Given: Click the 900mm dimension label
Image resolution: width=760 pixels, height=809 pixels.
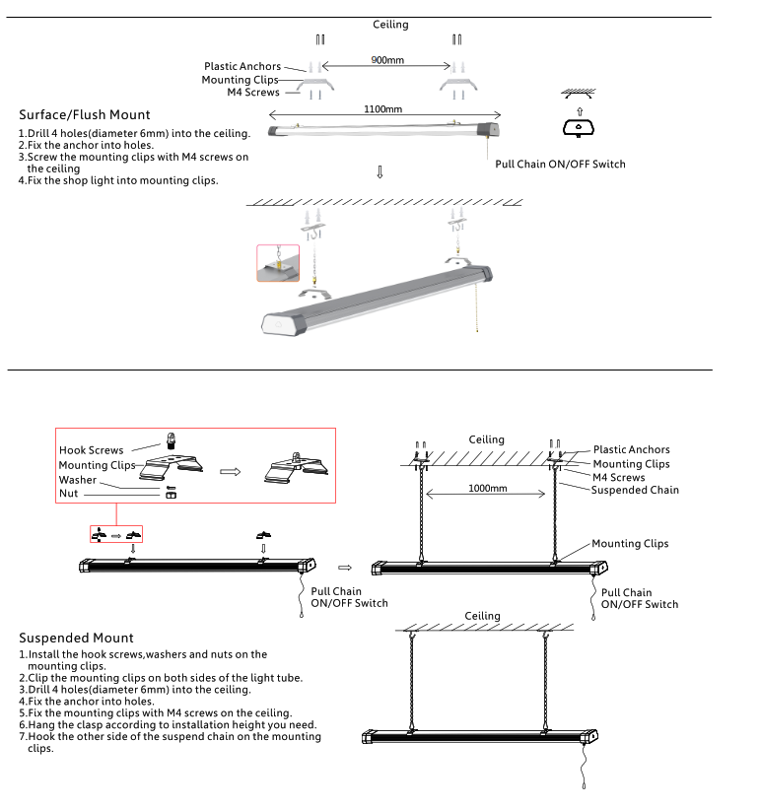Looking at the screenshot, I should coord(387,60).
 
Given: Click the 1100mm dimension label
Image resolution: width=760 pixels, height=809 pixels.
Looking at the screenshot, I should coord(382,109).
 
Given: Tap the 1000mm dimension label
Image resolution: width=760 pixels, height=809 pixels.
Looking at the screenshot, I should coord(487,489).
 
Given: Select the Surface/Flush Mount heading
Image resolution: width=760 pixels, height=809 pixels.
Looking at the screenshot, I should coord(85,115).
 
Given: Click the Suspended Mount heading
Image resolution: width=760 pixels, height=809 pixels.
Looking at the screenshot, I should coord(76,639).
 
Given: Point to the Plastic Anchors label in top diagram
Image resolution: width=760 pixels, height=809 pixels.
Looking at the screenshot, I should coord(242,67).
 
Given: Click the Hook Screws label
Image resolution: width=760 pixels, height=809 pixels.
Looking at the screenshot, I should coord(92,450).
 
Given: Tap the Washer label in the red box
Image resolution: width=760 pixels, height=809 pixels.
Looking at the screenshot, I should coord(78,480).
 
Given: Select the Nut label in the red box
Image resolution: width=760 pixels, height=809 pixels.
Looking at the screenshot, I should coord(68,493).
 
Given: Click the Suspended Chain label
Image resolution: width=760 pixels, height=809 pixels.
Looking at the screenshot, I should coord(635,490).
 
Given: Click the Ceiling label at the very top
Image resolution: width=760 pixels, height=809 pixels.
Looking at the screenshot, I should coord(390,25).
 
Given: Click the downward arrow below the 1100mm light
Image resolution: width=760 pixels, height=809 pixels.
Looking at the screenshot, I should coord(380,172).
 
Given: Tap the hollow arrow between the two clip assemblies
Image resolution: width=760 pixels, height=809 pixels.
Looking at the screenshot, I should coord(230,471).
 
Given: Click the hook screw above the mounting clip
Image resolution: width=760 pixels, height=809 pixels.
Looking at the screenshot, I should coord(172,439).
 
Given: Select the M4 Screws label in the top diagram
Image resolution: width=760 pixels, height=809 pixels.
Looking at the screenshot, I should coord(253,93).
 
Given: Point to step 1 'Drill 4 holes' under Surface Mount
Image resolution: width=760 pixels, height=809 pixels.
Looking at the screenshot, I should coord(134,133).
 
